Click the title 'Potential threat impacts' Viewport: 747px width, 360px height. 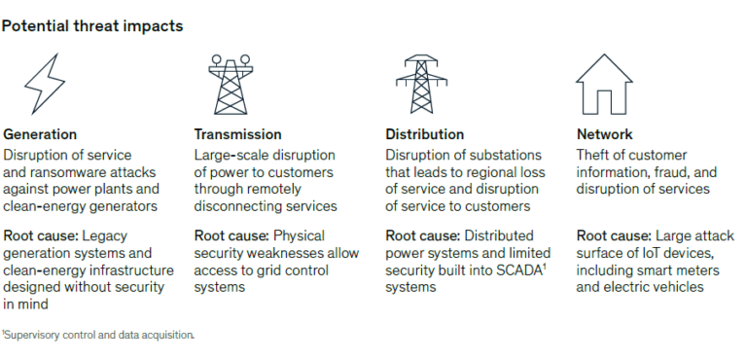(x=92, y=26)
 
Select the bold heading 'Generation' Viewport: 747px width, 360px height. (x=40, y=134)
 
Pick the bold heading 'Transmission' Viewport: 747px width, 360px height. (x=238, y=134)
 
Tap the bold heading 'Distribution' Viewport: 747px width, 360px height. (x=425, y=134)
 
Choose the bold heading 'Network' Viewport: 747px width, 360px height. (x=604, y=134)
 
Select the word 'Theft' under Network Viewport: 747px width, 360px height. (x=594, y=155)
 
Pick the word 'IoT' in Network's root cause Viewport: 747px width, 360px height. (x=643, y=253)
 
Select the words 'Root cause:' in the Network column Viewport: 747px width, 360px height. (x=614, y=235)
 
